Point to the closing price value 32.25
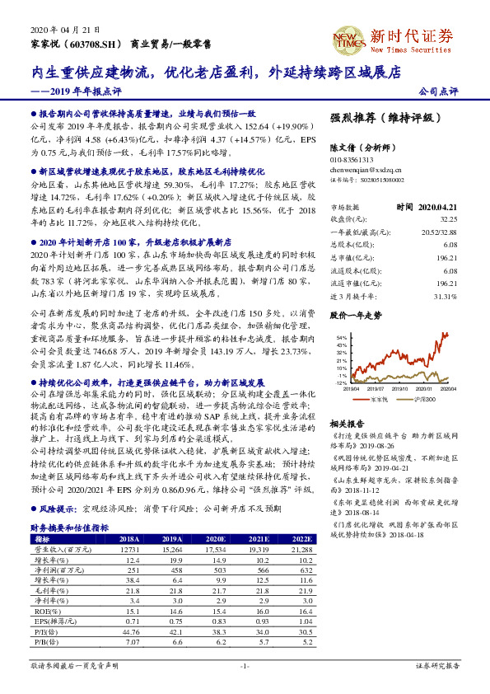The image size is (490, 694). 448,219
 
